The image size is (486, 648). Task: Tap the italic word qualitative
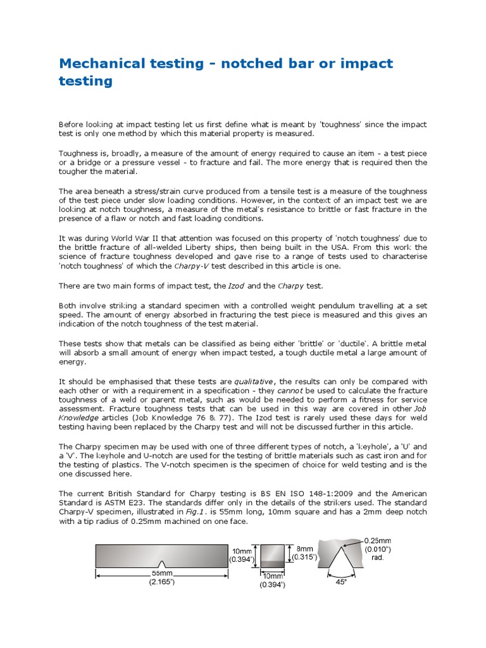(254, 382)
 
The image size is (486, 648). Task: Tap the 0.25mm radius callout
(378, 540)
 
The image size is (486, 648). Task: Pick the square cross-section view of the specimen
(272, 555)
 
